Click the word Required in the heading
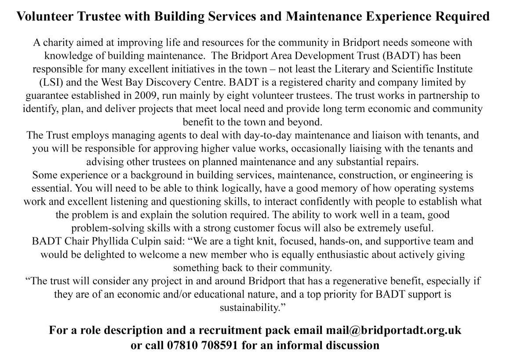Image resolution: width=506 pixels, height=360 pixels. click(x=462, y=17)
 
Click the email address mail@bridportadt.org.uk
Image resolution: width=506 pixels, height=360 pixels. click(x=393, y=330)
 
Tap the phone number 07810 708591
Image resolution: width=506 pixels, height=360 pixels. click(x=203, y=345)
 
